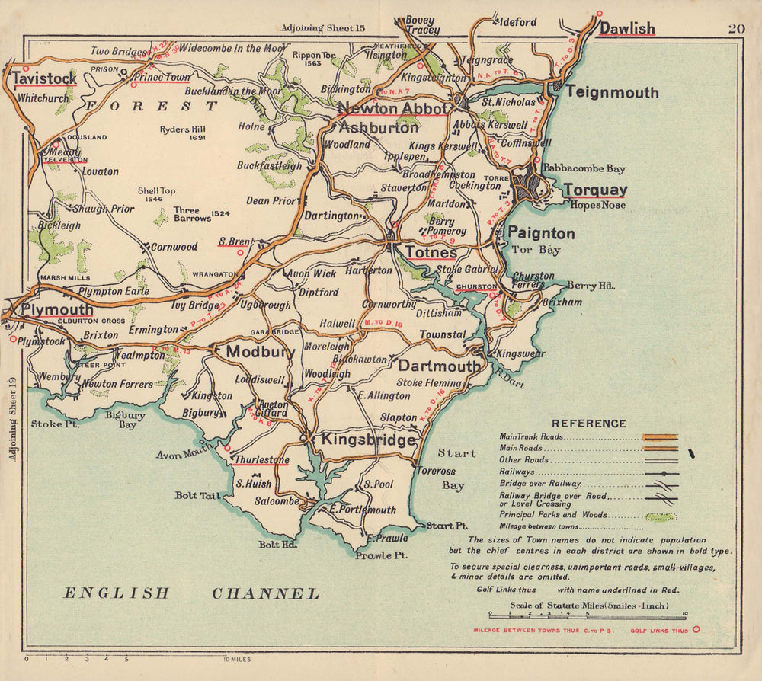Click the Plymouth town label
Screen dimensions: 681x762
[57, 310]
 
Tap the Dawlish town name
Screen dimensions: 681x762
[626, 28]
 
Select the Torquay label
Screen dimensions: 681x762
[595, 190]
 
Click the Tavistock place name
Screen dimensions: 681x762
[44, 78]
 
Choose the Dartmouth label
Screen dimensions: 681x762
[440, 366]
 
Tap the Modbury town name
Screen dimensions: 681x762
[260, 352]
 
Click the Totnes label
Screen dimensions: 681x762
[431, 252]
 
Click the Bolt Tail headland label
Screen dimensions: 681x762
[197, 495]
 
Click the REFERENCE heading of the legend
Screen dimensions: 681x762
[588, 424]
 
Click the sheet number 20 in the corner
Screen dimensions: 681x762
[735, 29]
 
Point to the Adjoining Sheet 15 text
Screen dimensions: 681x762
[323, 28]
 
